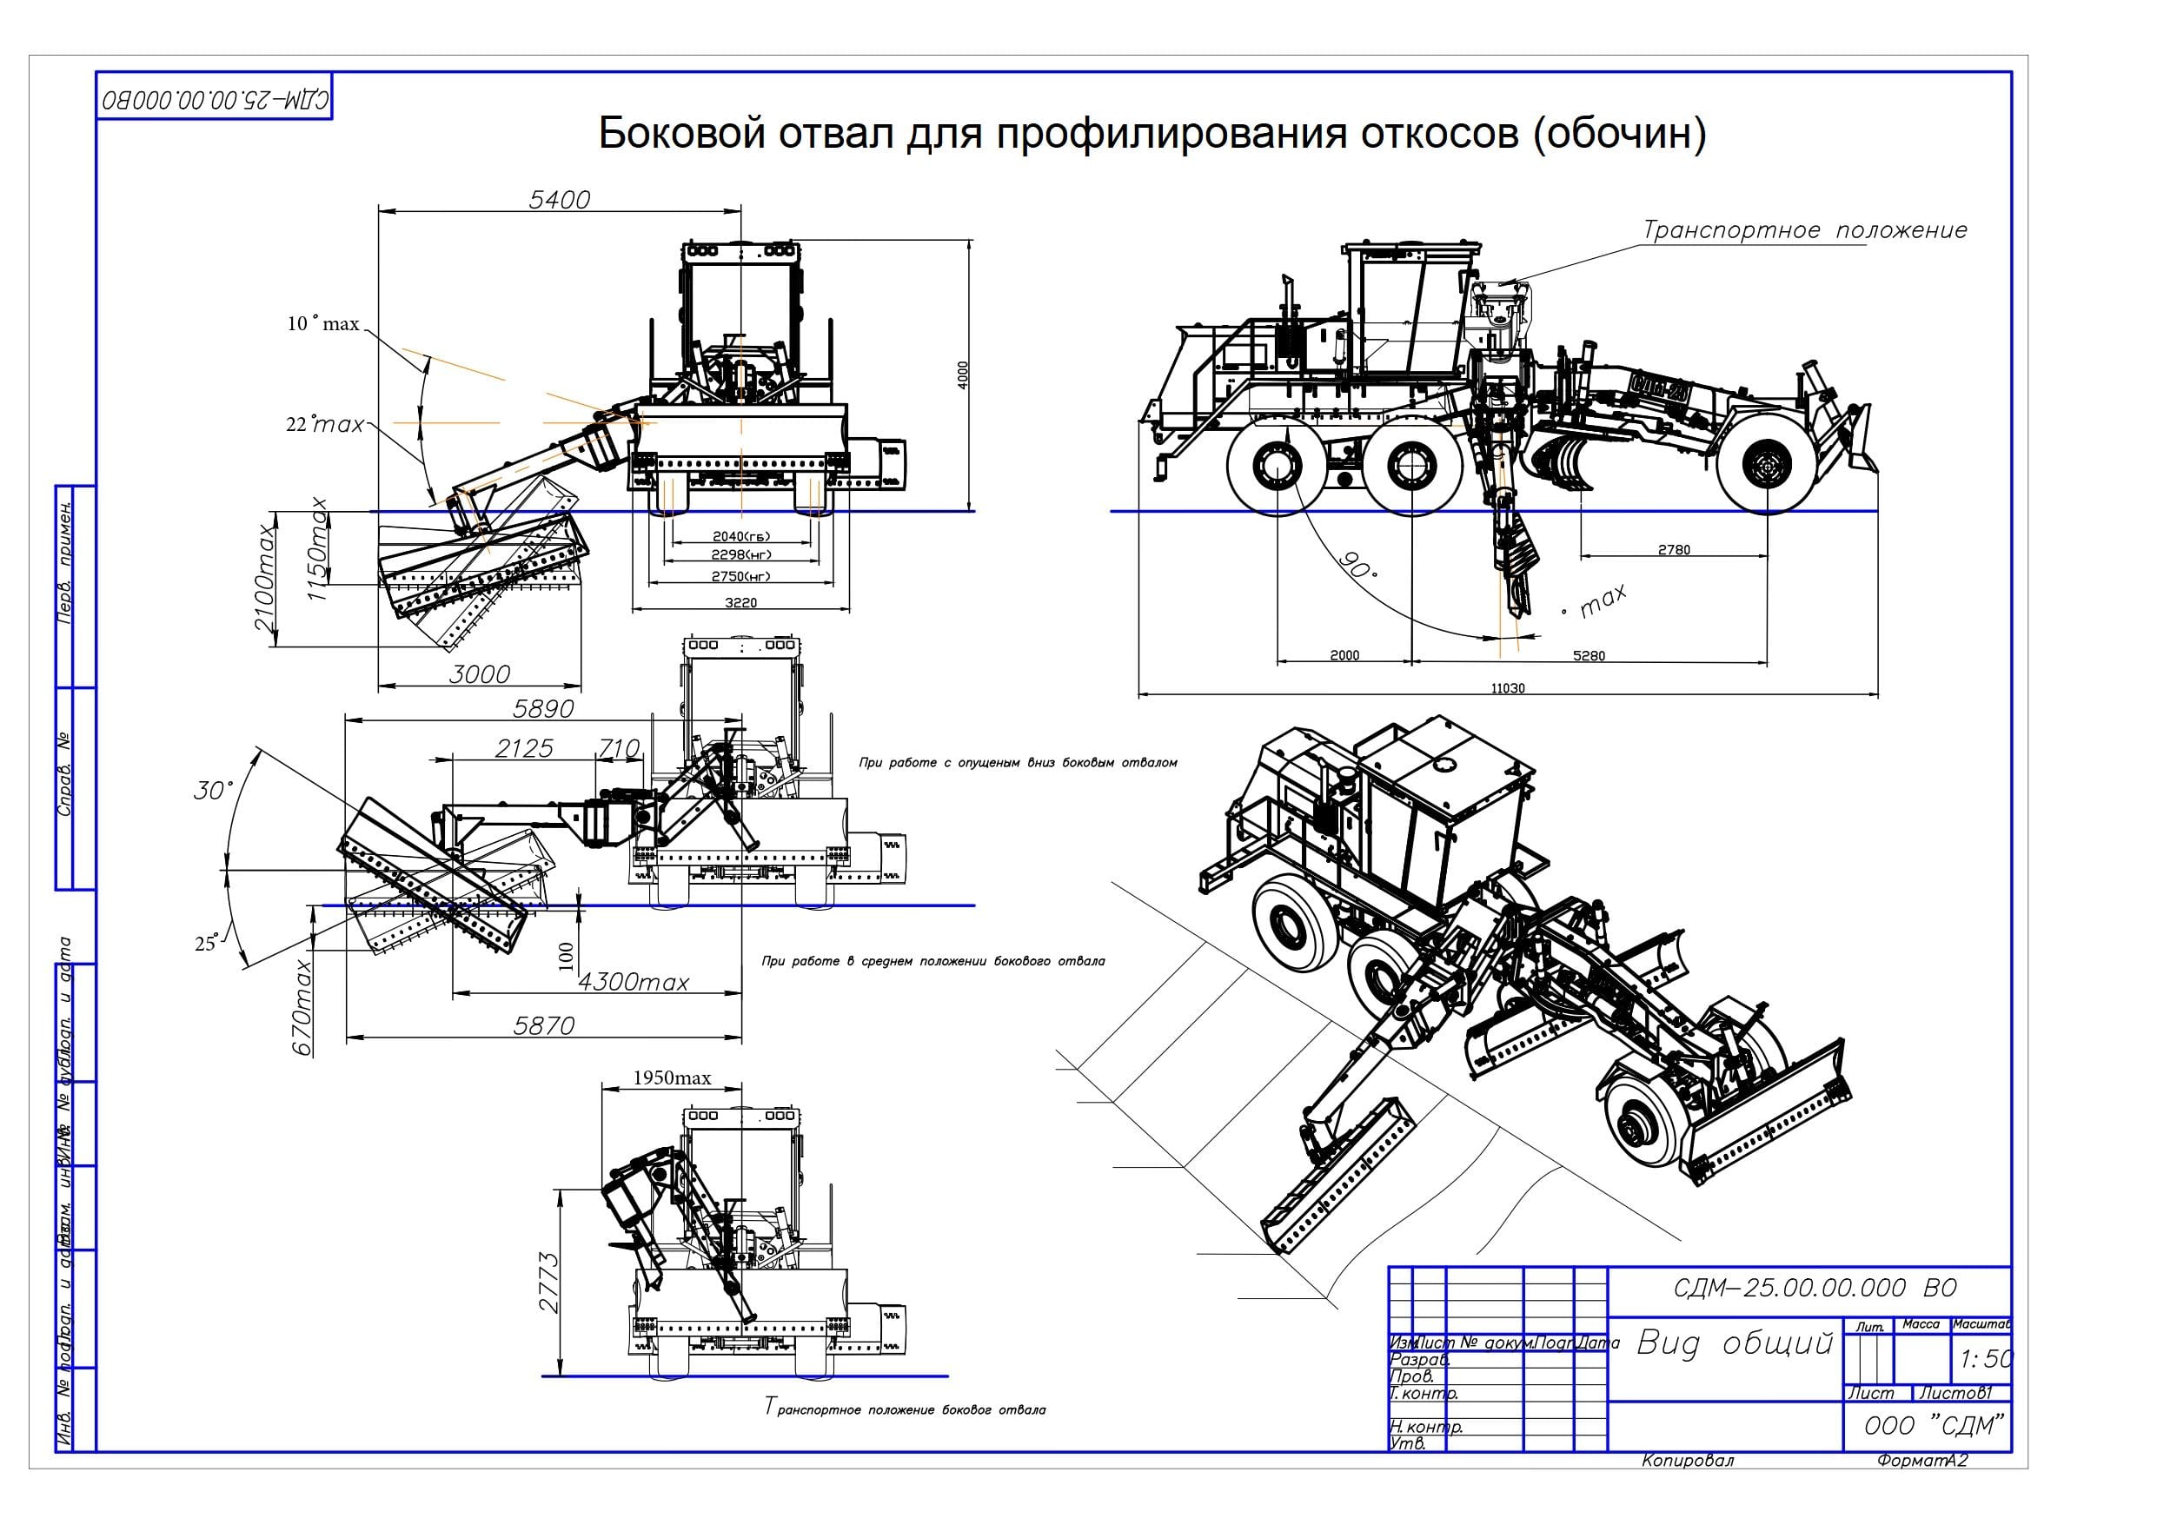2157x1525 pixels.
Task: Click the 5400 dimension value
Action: click(559, 199)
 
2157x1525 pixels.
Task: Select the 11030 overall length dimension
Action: click(1508, 689)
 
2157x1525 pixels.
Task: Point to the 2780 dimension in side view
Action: click(1673, 550)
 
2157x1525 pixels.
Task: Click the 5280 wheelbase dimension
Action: click(1589, 656)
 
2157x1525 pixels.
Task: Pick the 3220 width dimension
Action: click(740, 602)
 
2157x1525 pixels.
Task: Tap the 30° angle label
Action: click(212, 790)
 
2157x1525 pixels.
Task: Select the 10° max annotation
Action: click(323, 324)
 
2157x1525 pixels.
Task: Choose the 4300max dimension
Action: click(634, 982)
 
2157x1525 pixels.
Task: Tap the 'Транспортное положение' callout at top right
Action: click(1804, 230)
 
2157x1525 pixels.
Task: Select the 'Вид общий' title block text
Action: click(1735, 1343)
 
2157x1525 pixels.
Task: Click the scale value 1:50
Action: click(1986, 1359)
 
